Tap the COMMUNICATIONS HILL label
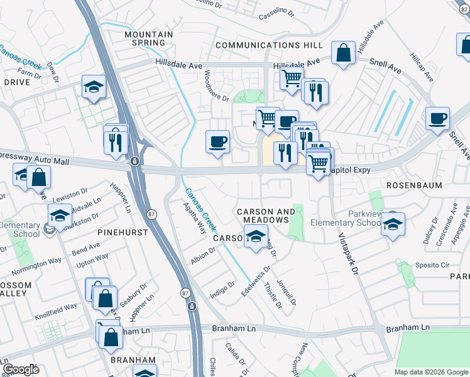(x=269, y=45)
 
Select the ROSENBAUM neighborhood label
(x=414, y=185)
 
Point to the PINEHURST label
(x=123, y=232)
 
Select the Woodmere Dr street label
(x=217, y=87)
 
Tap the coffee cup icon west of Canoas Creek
(x=217, y=141)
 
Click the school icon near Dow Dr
(x=94, y=87)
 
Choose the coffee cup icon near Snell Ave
(x=437, y=118)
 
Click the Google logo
(x=20, y=369)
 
